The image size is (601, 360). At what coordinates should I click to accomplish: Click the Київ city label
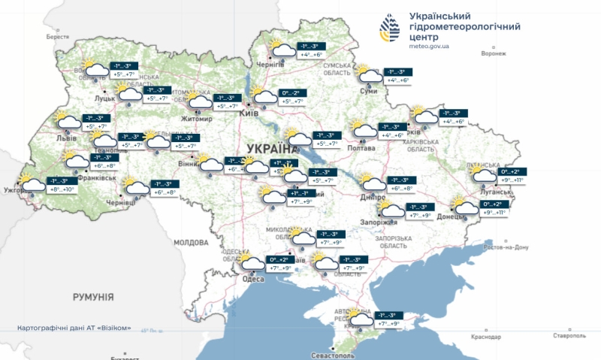(249, 113)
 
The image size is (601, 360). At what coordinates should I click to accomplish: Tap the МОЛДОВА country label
(191, 243)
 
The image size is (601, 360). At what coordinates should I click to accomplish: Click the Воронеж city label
(494, 53)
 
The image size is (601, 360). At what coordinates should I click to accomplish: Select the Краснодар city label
(486, 337)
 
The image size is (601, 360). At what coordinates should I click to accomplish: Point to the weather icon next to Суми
(368, 74)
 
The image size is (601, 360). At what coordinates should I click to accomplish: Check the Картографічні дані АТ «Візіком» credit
(79, 328)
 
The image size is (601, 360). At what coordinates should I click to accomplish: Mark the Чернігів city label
(271, 65)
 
